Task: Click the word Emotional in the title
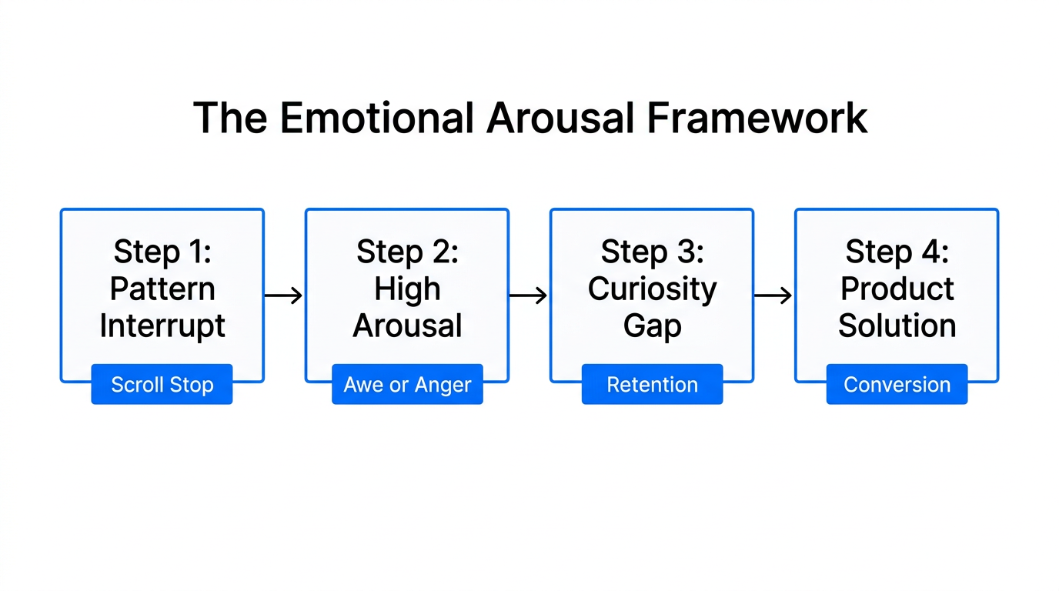[x=376, y=119]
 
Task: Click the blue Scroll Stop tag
[x=162, y=385]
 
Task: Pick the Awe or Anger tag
[x=407, y=385]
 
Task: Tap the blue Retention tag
[x=652, y=385]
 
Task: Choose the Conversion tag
[x=897, y=385]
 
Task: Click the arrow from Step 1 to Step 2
[x=284, y=295]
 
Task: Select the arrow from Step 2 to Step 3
[x=529, y=295]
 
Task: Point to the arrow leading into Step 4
[x=773, y=295]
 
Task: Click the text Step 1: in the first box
[x=162, y=252]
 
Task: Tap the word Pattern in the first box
[x=162, y=289]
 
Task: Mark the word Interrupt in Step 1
[x=162, y=326]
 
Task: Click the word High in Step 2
[x=407, y=289]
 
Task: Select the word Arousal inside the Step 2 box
[x=407, y=326]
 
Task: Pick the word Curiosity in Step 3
[x=652, y=289]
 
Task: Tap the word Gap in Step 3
[x=652, y=326]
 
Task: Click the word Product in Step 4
[x=897, y=289]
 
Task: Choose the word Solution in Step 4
[x=897, y=326]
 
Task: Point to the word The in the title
[x=229, y=119]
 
